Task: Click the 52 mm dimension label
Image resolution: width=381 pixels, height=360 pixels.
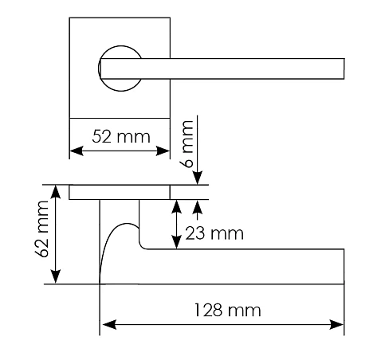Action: tap(121, 137)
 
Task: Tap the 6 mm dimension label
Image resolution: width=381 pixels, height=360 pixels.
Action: tap(188, 144)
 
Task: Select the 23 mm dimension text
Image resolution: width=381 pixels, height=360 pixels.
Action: tap(214, 233)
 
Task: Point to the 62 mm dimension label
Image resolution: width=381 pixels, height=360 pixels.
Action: tap(42, 229)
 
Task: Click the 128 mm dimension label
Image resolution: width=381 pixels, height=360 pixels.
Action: tap(228, 310)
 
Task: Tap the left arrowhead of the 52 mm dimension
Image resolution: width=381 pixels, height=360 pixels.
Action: tap(77, 151)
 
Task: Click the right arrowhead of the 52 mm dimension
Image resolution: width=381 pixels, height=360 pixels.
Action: tap(163, 151)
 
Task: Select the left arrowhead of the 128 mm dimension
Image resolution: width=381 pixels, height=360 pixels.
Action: tap(109, 324)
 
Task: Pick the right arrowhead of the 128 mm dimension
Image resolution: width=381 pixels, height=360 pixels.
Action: tap(336, 324)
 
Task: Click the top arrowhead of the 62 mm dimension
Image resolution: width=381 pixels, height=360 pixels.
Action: tap(56, 192)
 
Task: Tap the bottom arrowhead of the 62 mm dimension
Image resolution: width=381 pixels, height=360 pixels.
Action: tap(56, 276)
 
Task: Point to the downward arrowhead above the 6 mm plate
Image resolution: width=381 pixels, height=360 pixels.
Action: tap(198, 178)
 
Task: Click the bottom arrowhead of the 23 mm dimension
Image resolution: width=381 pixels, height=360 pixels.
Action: tap(177, 242)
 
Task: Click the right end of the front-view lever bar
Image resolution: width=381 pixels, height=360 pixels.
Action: tap(344, 68)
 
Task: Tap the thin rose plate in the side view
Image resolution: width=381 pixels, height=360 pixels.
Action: tap(120, 192)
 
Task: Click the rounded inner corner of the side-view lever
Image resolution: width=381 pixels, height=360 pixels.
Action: tap(142, 246)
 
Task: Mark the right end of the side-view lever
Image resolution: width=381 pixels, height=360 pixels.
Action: tap(344, 267)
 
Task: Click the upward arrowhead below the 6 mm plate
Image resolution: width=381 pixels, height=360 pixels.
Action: tap(198, 207)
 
